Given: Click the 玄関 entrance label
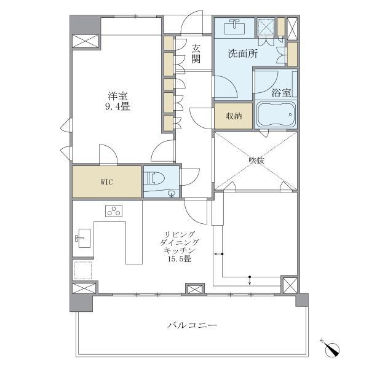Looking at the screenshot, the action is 196,54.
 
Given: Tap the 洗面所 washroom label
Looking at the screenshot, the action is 243,54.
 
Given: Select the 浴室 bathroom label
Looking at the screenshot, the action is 281,93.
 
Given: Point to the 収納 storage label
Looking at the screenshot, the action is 234,116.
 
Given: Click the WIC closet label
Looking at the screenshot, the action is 106,182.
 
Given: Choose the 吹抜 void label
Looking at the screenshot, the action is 256,161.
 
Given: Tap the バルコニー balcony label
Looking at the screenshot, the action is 192,326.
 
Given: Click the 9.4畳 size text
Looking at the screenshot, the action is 117,107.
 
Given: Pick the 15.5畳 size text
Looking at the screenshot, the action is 179,259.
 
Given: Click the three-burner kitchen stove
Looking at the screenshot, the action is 114,211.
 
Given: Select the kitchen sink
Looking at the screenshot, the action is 83,238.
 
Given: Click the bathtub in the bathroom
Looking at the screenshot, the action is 276,114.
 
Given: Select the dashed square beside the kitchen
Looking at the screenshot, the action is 83,270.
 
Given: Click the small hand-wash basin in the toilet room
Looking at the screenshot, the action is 172,194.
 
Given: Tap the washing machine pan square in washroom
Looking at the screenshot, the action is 266,28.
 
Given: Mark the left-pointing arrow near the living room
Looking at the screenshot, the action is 218,254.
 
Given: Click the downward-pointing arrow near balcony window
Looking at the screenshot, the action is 250,280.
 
